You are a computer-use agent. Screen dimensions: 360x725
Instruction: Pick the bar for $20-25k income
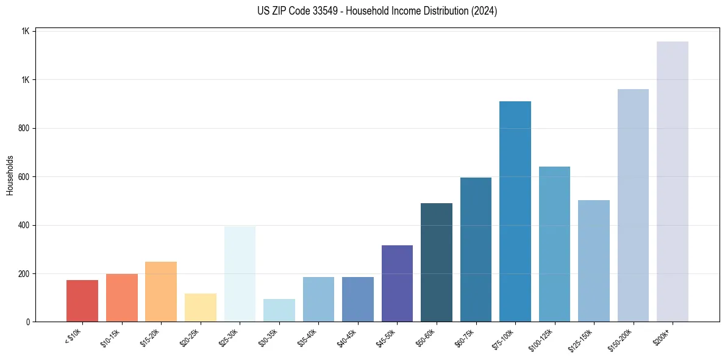201,308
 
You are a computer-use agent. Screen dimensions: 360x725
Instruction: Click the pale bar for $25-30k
240,274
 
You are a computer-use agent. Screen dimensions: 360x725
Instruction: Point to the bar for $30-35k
279,310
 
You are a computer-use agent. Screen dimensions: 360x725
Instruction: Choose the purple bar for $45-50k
397,283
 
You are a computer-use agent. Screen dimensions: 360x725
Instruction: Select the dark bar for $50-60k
437,262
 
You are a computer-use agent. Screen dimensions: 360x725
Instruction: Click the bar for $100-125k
554,244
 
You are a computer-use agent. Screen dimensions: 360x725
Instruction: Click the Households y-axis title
10,175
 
